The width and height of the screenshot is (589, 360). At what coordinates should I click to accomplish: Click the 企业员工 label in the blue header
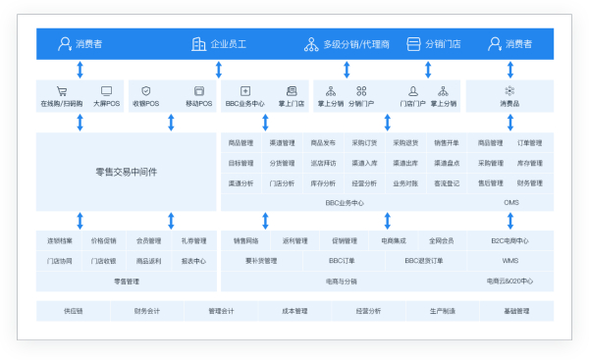point(229,44)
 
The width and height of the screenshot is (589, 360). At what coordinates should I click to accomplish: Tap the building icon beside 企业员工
point(198,44)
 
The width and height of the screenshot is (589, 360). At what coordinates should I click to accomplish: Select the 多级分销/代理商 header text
point(356,44)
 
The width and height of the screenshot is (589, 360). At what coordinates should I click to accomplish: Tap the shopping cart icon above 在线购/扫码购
point(61,91)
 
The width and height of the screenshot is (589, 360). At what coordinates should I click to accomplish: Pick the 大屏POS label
point(106,103)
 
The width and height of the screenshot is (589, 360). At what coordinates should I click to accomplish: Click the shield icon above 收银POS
point(146,91)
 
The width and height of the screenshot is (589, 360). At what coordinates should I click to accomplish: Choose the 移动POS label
point(198,103)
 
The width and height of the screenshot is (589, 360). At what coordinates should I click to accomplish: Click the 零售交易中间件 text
point(126,172)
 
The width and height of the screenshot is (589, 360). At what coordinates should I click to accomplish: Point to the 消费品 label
point(509,103)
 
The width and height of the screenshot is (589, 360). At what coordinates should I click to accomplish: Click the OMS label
point(510,202)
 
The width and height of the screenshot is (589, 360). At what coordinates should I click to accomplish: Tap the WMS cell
point(510,261)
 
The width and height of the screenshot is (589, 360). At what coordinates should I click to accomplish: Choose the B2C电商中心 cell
point(510,240)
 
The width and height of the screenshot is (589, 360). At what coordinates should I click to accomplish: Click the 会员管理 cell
point(149,240)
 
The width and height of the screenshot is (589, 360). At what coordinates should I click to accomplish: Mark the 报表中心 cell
point(193,261)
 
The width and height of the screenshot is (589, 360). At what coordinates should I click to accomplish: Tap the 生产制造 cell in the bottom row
point(443,311)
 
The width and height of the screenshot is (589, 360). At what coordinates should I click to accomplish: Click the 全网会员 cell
point(442,240)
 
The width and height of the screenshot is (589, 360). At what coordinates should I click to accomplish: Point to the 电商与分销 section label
point(342,281)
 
